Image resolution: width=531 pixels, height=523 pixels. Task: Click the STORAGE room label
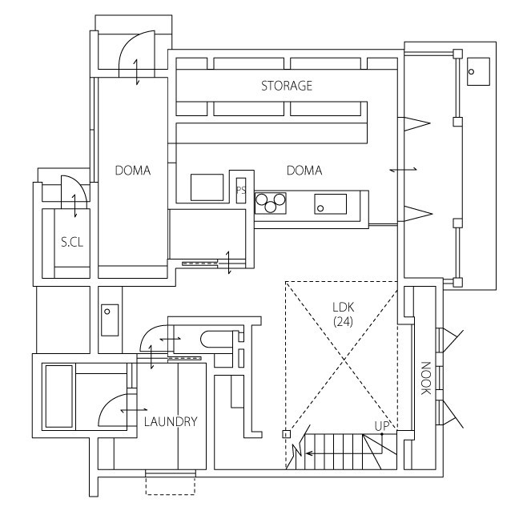(286, 86)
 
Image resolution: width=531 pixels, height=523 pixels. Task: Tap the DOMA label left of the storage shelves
(132, 171)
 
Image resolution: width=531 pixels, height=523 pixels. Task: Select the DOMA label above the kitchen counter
(304, 171)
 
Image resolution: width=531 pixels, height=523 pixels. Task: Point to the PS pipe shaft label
(239, 190)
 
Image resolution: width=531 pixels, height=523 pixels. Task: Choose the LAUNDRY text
(171, 420)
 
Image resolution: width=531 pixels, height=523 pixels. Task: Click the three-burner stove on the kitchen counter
(272, 203)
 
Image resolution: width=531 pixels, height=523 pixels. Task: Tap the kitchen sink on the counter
(330, 203)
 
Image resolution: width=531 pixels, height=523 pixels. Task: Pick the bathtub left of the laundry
(61, 396)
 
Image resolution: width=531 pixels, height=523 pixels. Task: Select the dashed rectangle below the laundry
(170, 484)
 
